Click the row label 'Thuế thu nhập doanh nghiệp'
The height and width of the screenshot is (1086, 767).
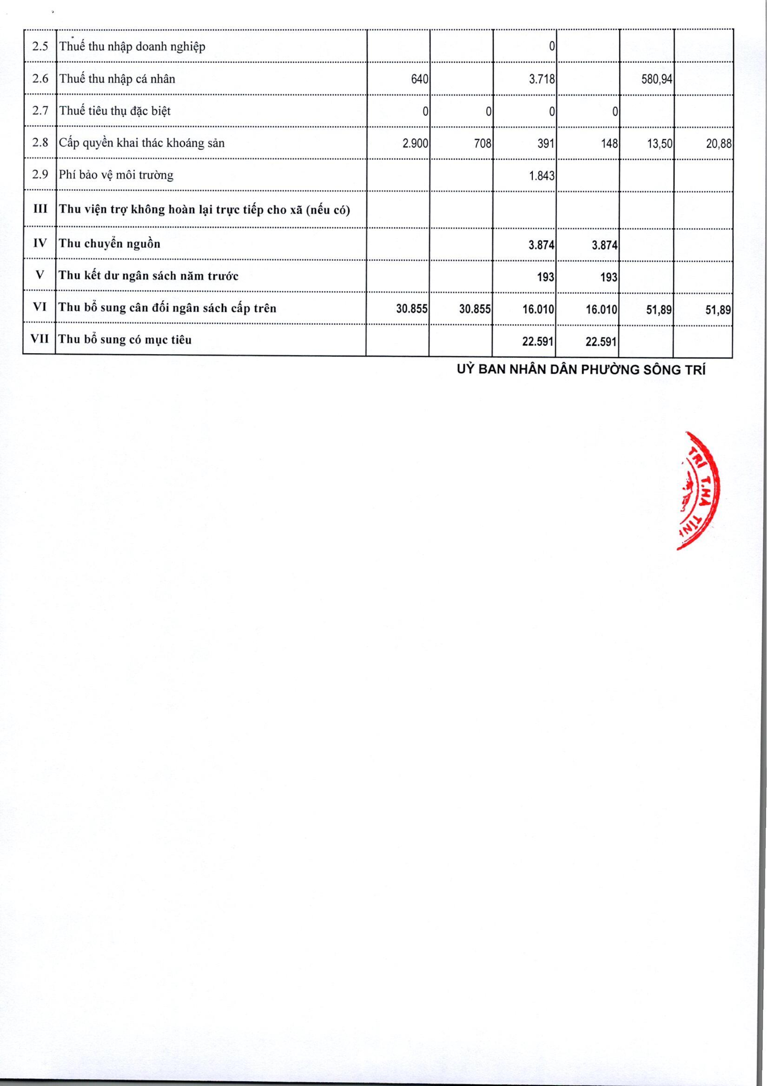pyautogui.click(x=132, y=47)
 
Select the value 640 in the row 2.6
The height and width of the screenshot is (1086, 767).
pyautogui.click(x=419, y=79)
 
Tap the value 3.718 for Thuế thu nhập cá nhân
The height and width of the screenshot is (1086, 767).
pyautogui.click(x=541, y=79)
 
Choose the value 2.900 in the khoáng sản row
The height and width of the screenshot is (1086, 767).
pyautogui.click(x=415, y=143)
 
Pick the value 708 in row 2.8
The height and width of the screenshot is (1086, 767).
pyautogui.click(x=483, y=143)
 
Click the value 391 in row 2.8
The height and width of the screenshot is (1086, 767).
pyautogui.click(x=546, y=143)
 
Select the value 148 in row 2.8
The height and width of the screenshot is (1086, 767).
pyautogui.click(x=610, y=143)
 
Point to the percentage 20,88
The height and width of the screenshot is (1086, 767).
pyautogui.click(x=719, y=143)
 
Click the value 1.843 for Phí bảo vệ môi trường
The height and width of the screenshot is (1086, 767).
pyautogui.click(x=541, y=176)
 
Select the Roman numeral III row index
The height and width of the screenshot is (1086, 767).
pyautogui.click(x=40, y=208)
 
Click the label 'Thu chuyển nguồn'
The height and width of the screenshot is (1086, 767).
pyautogui.click(x=109, y=244)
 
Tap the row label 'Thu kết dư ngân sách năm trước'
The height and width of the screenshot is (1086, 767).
pyautogui.click(x=149, y=276)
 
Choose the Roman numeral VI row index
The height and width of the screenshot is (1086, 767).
pyautogui.click(x=40, y=307)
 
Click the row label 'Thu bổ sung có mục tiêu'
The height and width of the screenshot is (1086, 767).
pyautogui.click(x=125, y=340)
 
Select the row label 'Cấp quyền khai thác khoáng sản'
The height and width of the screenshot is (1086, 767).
pyautogui.click(x=141, y=143)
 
